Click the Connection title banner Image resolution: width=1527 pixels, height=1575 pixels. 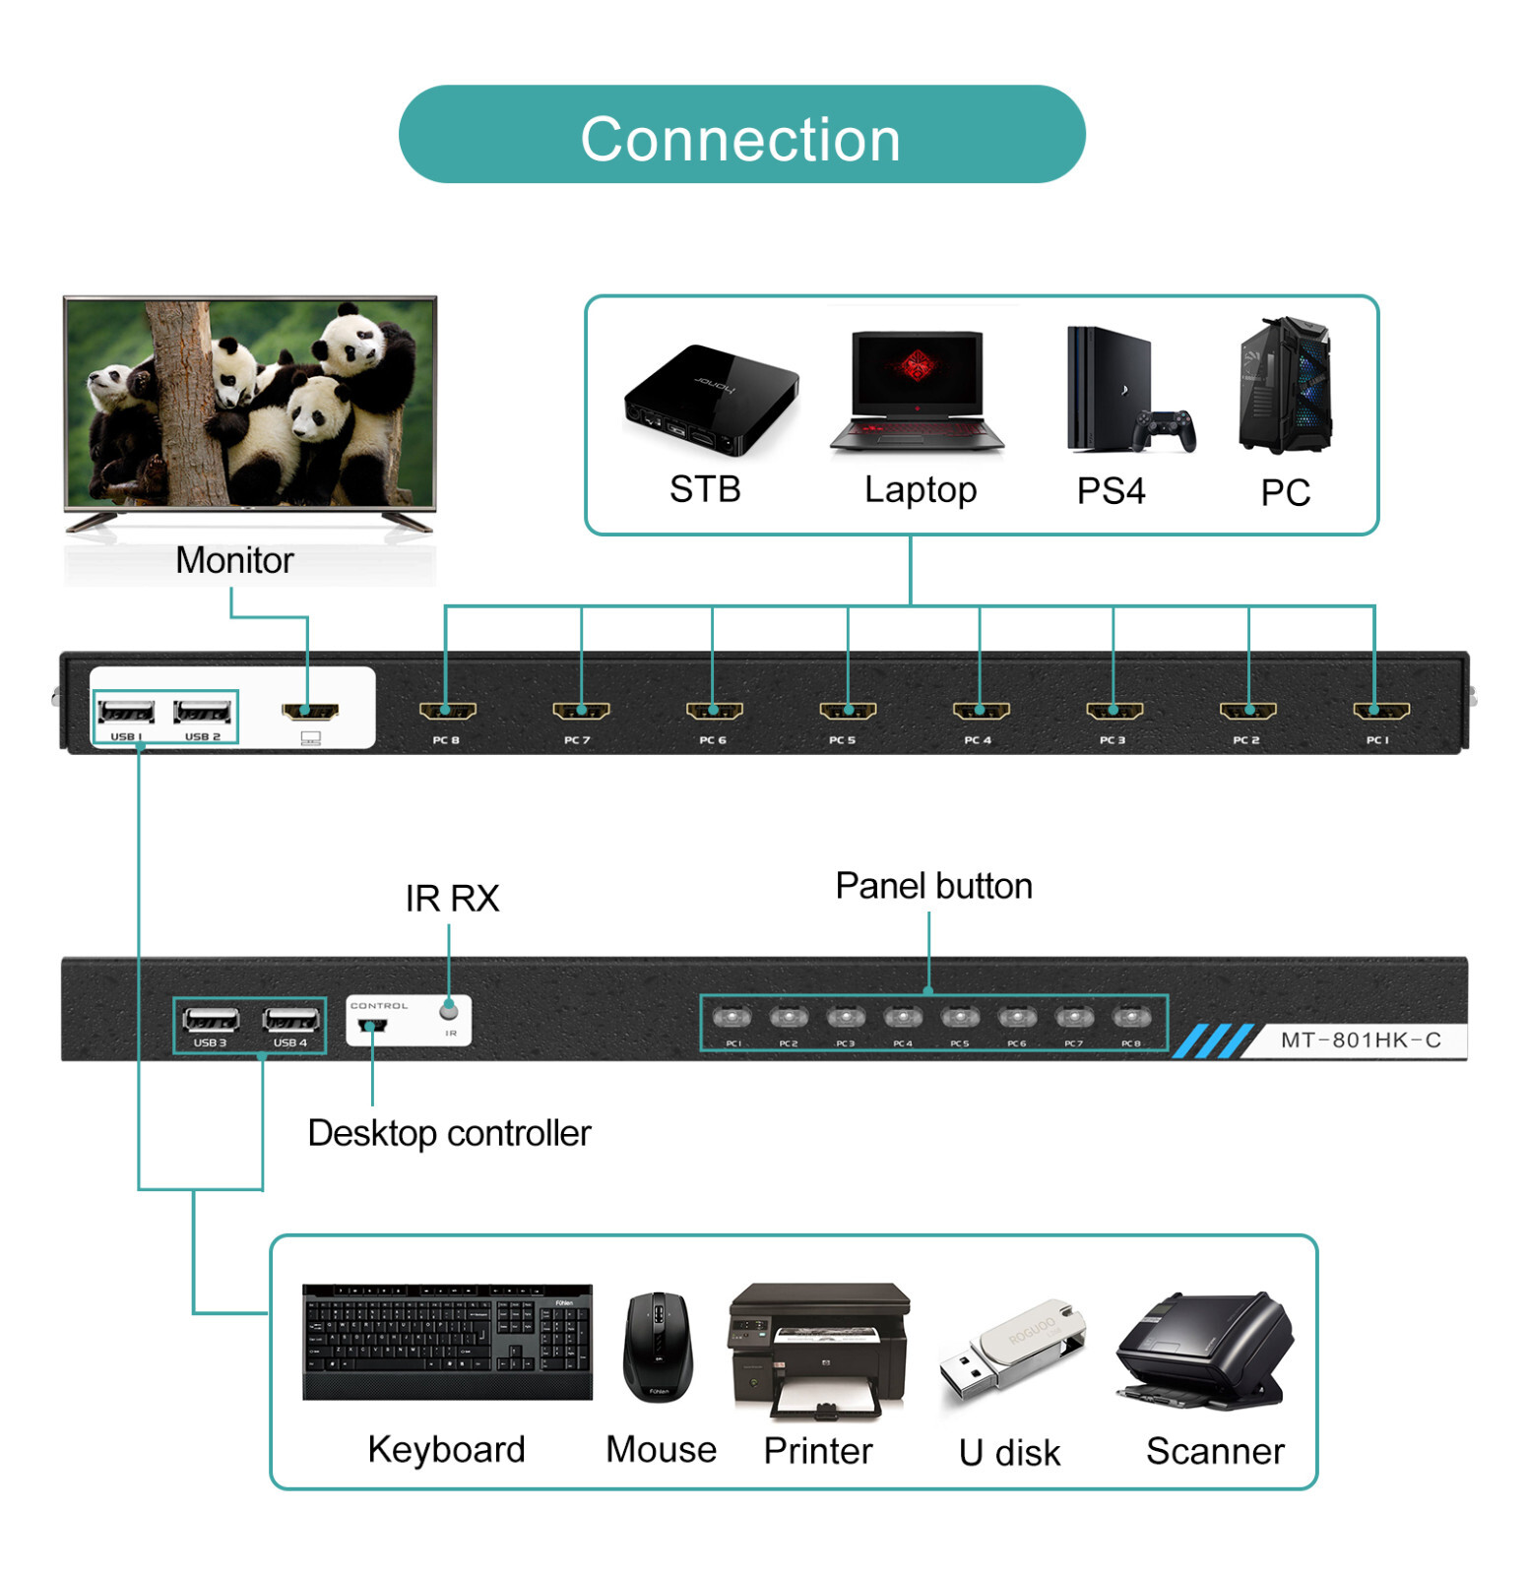[740, 135]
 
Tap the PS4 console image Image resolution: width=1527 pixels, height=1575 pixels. [1127, 393]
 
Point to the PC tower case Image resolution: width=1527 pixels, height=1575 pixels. [1285, 385]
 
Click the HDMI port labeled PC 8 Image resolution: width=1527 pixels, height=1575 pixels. [447, 710]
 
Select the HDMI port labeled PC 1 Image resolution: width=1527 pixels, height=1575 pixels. [1380, 710]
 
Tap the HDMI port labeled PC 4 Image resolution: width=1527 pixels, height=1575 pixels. [981, 710]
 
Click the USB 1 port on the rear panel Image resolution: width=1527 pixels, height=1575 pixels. [126, 711]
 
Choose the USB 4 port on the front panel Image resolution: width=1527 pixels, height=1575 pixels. [290, 1019]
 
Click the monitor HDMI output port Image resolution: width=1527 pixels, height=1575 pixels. [310, 710]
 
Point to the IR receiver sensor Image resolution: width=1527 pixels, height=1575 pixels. [449, 1009]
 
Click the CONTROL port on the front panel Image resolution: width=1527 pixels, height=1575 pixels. [372, 1026]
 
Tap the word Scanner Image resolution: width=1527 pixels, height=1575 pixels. [1214, 1450]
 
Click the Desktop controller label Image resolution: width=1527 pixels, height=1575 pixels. [449, 1133]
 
